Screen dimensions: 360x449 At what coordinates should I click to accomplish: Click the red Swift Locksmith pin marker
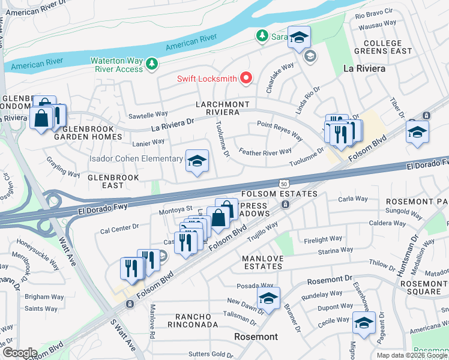(x=246, y=78)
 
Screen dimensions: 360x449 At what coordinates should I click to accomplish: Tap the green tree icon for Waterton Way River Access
(x=152, y=63)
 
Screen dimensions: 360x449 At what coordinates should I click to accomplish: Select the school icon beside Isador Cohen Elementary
(x=196, y=161)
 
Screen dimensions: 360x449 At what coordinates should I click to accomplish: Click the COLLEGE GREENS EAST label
(x=382, y=47)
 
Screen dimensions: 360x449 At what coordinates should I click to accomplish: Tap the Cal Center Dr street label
(x=119, y=228)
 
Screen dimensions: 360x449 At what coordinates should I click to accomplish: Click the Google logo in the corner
(x=20, y=352)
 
